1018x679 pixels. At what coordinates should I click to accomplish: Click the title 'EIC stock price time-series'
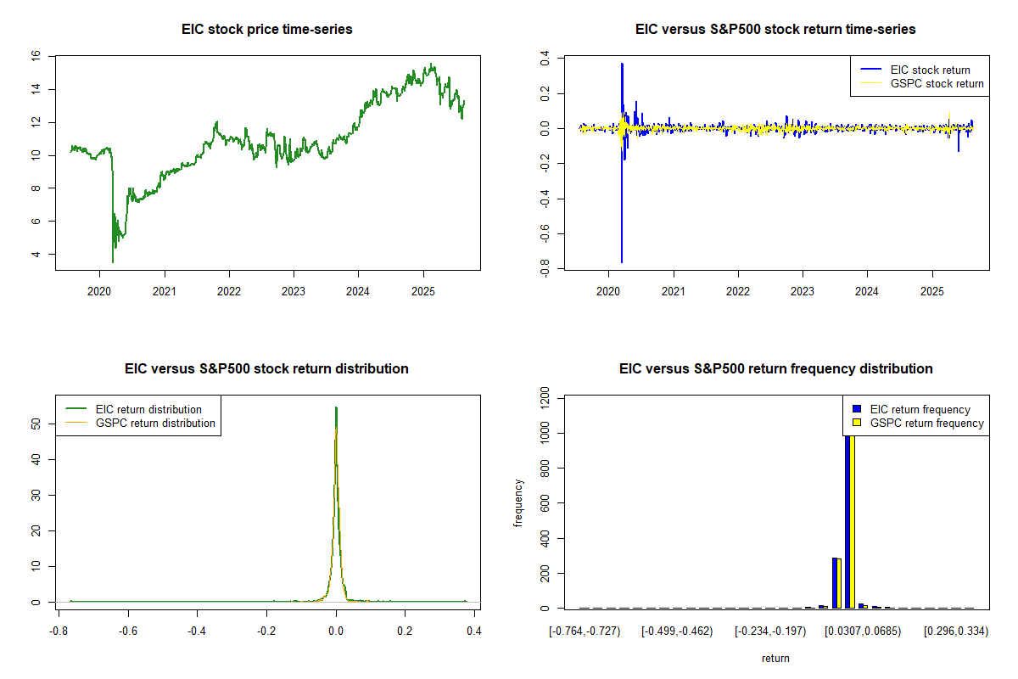(x=267, y=30)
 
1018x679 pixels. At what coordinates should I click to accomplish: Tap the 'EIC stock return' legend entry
(x=930, y=70)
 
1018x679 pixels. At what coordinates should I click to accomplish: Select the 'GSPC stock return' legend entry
(x=937, y=83)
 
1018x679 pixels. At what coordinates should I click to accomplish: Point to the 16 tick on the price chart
(x=36, y=56)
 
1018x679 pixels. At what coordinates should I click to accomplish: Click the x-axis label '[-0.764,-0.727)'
(x=585, y=631)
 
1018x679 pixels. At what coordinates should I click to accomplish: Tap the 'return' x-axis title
(x=775, y=658)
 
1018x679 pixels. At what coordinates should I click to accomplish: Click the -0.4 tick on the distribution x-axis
(x=198, y=631)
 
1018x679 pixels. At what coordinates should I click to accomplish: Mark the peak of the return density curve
(x=336, y=407)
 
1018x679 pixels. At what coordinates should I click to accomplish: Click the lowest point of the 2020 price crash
(x=113, y=262)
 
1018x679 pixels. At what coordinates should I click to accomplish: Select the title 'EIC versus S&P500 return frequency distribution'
(x=776, y=369)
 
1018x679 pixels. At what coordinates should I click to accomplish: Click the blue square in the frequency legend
(x=857, y=409)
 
